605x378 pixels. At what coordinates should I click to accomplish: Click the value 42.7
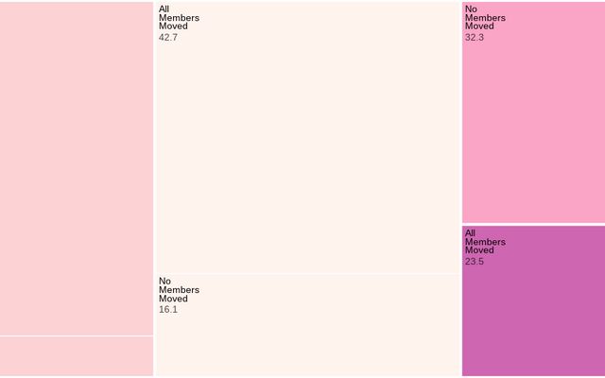(168, 38)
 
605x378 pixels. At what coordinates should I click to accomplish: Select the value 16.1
(168, 310)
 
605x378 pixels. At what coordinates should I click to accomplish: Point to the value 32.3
(475, 38)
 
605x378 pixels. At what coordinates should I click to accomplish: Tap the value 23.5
(475, 262)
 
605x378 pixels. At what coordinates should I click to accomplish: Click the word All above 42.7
(164, 9)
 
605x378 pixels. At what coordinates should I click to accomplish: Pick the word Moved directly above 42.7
(173, 26)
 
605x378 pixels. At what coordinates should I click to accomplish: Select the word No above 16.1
(165, 282)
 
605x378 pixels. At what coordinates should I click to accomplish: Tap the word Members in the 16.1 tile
(179, 290)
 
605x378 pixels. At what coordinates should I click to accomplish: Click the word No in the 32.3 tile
(471, 9)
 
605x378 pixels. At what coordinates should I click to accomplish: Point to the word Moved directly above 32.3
(479, 26)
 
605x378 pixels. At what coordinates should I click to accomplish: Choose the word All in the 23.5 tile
(470, 233)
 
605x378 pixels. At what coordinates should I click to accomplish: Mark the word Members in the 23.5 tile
(485, 242)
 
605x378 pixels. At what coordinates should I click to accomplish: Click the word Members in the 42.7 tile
(179, 18)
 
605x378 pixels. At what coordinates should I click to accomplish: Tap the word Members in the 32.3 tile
(485, 18)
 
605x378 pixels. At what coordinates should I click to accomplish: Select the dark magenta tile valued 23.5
(533, 312)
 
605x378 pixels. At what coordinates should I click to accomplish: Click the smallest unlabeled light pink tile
(76, 356)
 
